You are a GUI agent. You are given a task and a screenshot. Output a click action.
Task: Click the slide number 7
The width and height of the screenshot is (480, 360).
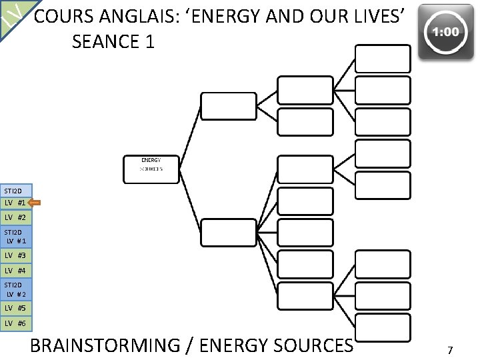(x=450, y=349)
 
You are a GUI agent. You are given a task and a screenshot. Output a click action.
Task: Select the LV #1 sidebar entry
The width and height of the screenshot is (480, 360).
(x=15, y=202)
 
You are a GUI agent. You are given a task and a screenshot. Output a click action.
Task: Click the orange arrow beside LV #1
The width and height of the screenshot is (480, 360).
(x=36, y=202)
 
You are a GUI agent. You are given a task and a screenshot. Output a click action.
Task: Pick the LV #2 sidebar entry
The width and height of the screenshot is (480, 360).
(x=15, y=217)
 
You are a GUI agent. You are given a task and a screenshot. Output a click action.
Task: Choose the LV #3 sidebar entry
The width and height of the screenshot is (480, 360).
(x=15, y=255)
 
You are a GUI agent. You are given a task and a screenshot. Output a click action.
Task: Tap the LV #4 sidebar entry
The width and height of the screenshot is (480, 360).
(x=15, y=271)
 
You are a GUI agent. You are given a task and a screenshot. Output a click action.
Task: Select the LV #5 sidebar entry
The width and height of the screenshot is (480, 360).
(x=15, y=308)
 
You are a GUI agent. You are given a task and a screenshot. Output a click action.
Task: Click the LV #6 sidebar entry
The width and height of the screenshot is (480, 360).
(x=15, y=323)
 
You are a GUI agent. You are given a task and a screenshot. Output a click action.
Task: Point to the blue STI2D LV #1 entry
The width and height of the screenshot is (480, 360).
(x=15, y=236)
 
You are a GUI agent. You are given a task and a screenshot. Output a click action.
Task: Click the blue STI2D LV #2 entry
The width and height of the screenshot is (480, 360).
(x=15, y=289)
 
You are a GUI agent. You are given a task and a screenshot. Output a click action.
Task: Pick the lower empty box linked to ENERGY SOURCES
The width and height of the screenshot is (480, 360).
(x=228, y=233)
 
